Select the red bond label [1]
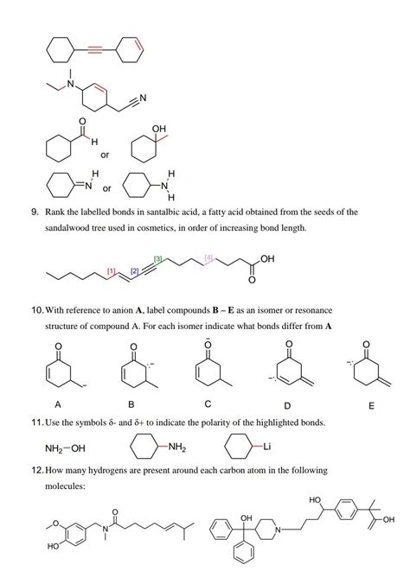(111, 272)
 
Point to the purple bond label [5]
(208, 258)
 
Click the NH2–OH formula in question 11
(66, 448)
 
